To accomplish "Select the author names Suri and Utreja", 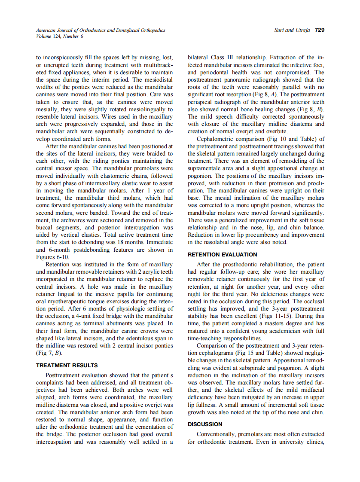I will click(x=292, y=30).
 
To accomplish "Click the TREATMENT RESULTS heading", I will click(x=67, y=365).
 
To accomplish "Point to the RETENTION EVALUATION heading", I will click(x=222, y=254).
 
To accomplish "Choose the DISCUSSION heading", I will click(x=205, y=424).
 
